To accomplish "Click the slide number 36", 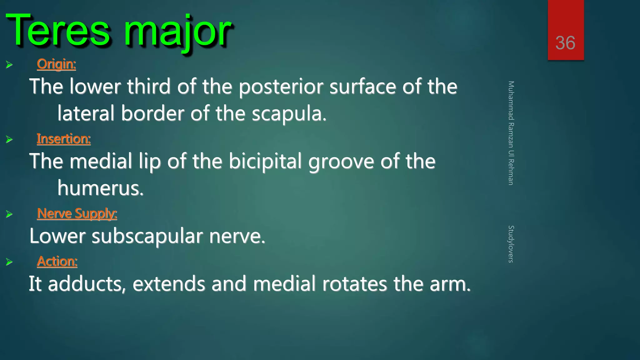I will point(565,43).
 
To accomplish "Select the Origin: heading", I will point(56,64).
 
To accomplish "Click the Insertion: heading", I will point(64,139).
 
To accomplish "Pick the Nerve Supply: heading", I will point(77,214).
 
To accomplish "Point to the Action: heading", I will point(57,261).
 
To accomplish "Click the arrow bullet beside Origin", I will point(9,65).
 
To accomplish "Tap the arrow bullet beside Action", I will point(9,262).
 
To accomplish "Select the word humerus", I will point(100,188).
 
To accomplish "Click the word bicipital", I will point(265,162).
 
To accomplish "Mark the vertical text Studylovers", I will point(511,244).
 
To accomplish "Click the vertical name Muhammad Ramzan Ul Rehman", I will point(511,133).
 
